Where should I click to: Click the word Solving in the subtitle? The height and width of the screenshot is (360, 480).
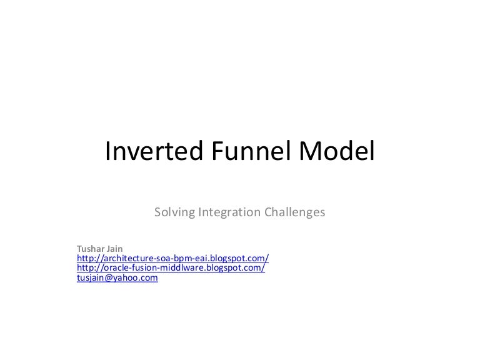coord(174,212)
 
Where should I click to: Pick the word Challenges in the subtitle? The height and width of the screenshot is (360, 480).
coord(294,212)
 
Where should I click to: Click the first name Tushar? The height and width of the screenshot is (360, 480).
coord(89,247)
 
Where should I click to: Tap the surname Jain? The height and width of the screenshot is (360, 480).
coord(116,247)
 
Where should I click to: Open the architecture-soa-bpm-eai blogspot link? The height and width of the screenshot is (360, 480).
coord(172,257)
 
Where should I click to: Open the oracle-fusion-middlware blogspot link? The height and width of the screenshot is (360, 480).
coord(171,267)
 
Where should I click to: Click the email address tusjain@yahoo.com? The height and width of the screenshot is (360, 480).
coord(117,277)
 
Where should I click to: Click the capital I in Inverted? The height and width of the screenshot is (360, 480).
coord(108,152)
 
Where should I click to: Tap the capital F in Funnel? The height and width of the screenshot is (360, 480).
coord(202,152)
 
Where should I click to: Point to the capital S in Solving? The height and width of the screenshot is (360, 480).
coord(157,212)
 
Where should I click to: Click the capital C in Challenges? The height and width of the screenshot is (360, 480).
coord(267,212)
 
